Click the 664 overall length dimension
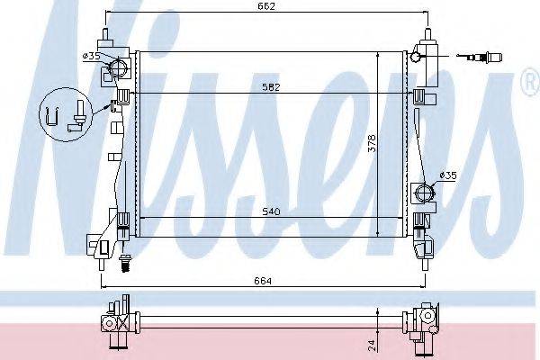click(262, 280)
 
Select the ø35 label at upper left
click(91, 56)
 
